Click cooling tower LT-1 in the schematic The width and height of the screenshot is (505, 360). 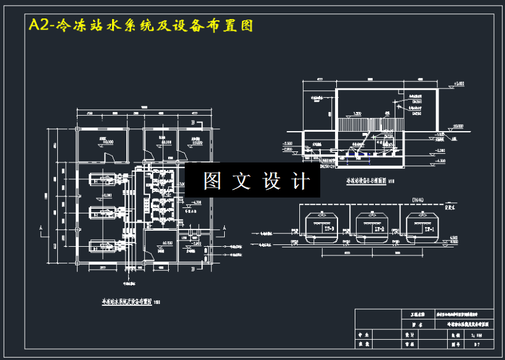click(422, 227)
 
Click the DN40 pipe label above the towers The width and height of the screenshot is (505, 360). click(419, 200)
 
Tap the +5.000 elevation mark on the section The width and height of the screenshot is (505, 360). click(459, 83)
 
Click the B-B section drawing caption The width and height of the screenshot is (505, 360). click(370, 182)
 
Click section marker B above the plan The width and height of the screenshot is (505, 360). click(193, 124)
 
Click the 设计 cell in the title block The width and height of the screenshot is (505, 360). click(409, 335)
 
